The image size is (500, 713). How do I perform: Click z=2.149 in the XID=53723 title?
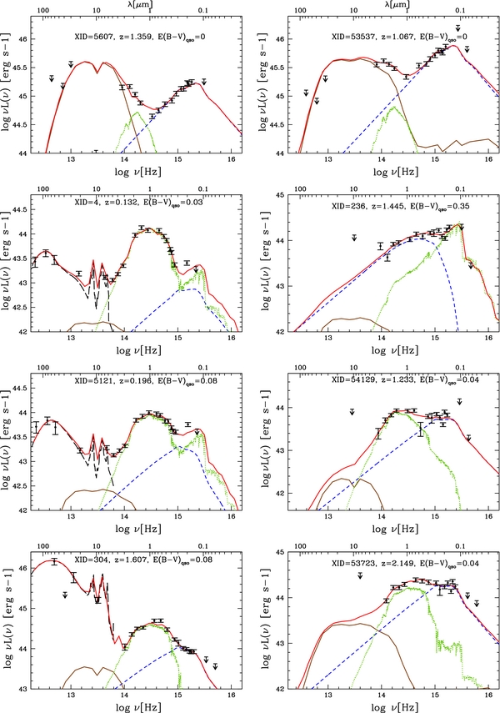coord(399,563)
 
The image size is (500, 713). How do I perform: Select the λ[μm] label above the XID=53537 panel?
coord(398,6)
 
